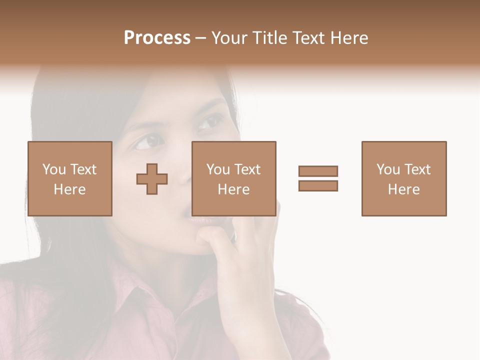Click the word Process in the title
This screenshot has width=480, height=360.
pyautogui.click(x=157, y=38)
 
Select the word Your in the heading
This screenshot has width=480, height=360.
pyautogui.click(x=230, y=38)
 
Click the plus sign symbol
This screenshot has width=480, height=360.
pyautogui.click(x=152, y=179)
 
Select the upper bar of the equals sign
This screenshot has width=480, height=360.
pyautogui.click(x=318, y=171)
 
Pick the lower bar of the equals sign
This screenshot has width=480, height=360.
pyautogui.click(x=318, y=185)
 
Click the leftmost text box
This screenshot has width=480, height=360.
pyautogui.click(x=70, y=178)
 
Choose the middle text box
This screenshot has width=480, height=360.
pyautogui.click(x=234, y=178)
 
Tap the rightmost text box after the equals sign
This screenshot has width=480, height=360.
pyautogui.click(x=404, y=178)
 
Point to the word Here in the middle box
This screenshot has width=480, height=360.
pyautogui.click(x=234, y=189)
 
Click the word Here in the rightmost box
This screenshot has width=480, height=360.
pyautogui.click(x=404, y=189)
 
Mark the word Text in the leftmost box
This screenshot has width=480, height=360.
pyautogui.click(x=83, y=169)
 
